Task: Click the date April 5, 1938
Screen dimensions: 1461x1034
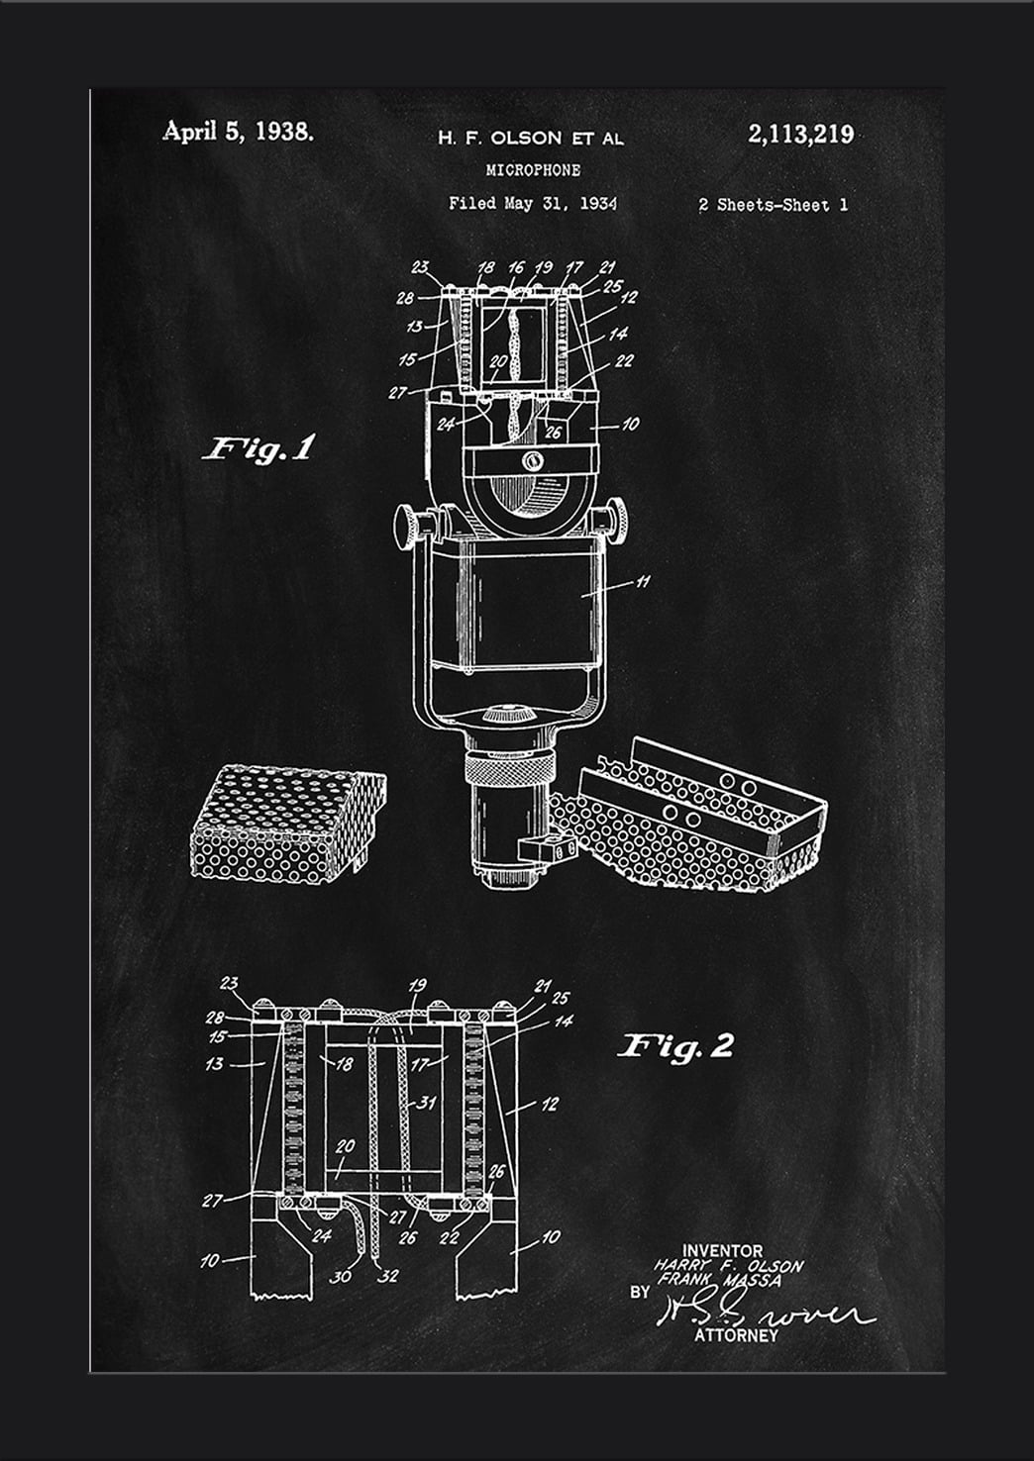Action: click(x=238, y=132)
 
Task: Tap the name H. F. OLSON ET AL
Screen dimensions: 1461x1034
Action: click(x=531, y=139)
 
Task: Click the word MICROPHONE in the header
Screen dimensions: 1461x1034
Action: click(x=533, y=170)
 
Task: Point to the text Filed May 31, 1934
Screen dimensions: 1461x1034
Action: click(x=532, y=204)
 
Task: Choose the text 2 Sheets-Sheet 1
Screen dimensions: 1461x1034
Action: click(x=773, y=205)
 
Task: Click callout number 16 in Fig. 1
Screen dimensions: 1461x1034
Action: click(x=515, y=267)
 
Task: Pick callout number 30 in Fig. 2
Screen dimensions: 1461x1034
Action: click(x=340, y=1276)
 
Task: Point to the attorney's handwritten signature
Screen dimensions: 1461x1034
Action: click(x=763, y=1315)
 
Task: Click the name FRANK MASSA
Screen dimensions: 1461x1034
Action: click(x=719, y=1280)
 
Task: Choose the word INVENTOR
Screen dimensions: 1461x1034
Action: click(x=722, y=1251)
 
